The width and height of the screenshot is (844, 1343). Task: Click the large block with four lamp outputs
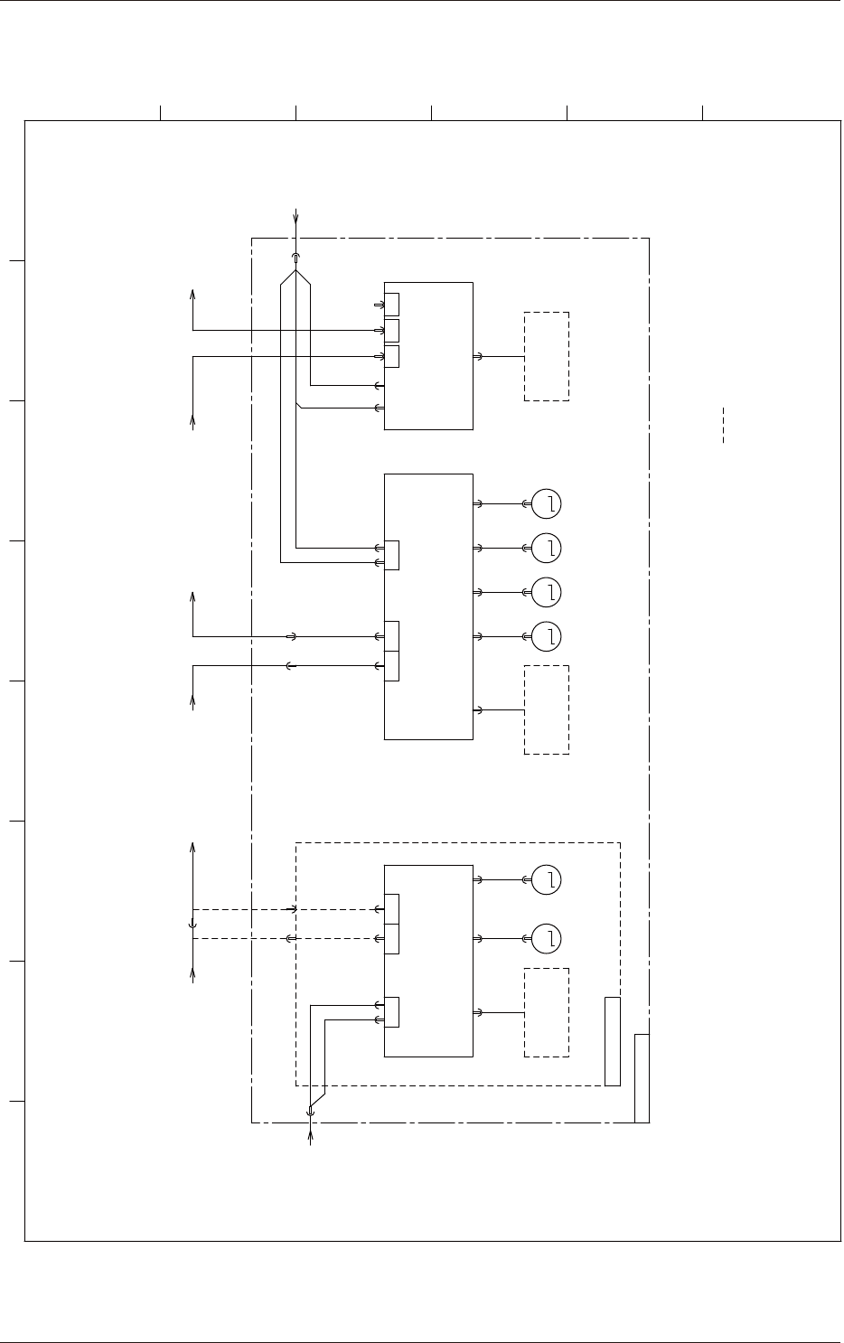[x=428, y=606]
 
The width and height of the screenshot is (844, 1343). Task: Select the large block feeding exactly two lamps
[x=428, y=960]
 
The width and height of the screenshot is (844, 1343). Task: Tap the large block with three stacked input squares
[x=428, y=355]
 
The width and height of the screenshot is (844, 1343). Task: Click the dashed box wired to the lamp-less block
[x=547, y=356]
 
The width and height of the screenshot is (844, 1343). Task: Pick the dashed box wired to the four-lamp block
[x=547, y=709]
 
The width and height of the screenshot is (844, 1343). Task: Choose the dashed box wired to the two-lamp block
[x=547, y=1012]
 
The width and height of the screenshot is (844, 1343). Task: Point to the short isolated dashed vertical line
[x=723, y=425]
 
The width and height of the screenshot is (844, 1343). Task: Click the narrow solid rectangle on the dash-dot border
[x=642, y=1077]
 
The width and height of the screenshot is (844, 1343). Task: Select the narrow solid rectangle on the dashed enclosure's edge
[x=613, y=1040]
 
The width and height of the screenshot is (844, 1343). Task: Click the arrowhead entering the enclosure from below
[x=311, y=1132]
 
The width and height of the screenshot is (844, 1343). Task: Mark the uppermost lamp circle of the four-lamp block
[x=547, y=503]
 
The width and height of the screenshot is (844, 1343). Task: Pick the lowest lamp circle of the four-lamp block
[x=547, y=636]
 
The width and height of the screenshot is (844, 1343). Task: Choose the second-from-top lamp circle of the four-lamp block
[x=547, y=548]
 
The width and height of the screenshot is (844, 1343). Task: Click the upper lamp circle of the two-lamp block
[x=547, y=879]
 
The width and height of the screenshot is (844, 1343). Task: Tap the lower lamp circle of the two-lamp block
[x=547, y=939]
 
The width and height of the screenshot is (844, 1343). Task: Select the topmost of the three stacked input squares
[x=392, y=305]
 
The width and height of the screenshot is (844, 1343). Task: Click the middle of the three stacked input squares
[x=392, y=330]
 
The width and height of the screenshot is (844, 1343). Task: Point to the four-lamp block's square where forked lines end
[x=392, y=555]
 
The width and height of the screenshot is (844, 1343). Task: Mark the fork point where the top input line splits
[x=296, y=270]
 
